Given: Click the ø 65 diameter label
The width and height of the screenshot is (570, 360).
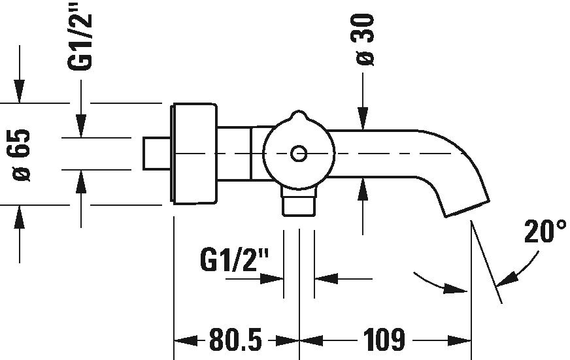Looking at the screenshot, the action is (21, 155).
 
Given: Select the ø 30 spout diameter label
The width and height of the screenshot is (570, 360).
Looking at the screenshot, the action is (365, 40).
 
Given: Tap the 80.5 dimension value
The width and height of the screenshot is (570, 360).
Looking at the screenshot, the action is (235, 340).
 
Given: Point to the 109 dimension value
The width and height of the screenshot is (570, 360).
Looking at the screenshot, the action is (384, 340).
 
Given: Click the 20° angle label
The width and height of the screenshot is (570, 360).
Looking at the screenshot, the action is (545, 231).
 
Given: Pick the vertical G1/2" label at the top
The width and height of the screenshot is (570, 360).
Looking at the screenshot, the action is (79, 41).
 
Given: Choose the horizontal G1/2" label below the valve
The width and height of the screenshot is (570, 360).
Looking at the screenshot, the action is (235, 259).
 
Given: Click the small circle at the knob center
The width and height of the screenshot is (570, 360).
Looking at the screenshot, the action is (299, 154).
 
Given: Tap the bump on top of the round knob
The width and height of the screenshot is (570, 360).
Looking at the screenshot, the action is (299, 116).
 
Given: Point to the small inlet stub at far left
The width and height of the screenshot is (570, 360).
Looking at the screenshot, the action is (157, 154).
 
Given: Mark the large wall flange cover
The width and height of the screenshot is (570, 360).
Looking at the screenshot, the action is (193, 154).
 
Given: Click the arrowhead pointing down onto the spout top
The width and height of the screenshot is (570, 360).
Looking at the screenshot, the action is (363, 118).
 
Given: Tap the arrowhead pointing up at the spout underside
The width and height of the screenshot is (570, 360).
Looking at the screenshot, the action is (363, 189).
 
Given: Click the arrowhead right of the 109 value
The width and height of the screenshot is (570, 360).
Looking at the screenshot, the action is (459, 341).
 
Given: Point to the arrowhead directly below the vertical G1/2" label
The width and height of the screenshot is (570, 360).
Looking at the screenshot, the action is (80, 126).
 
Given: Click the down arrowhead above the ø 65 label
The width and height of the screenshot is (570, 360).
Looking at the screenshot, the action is (19, 91).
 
